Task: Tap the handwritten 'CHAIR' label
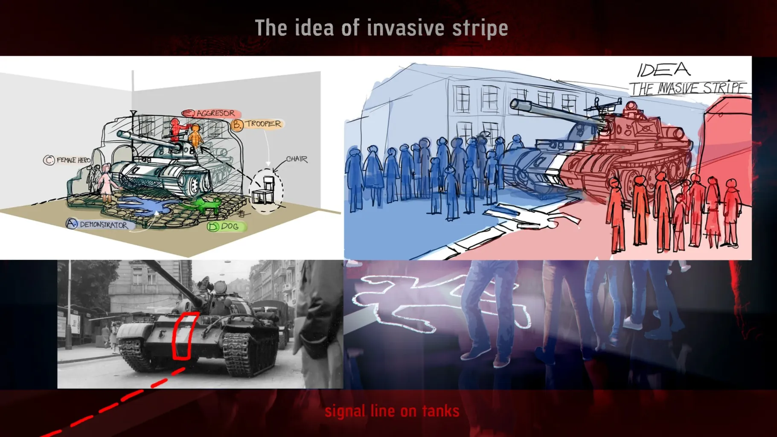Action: coord(297,159)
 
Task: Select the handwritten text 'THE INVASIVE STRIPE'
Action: coord(688,88)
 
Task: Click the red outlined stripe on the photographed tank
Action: coord(184,336)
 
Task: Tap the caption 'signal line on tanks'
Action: coord(392,411)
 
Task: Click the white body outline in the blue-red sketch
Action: coord(532,216)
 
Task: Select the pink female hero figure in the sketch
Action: coord(105,184)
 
